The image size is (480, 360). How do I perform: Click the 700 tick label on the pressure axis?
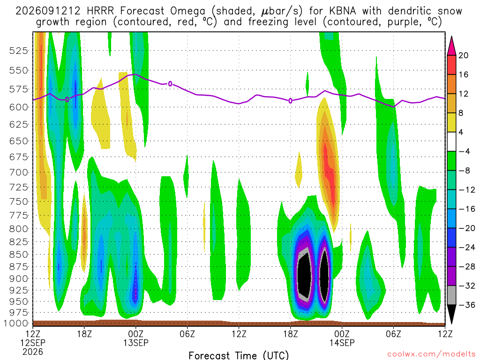click(x=18, y=172)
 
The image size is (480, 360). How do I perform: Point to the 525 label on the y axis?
click(x=18, y=51)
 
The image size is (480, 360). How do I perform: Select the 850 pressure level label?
click(x=18, y=255)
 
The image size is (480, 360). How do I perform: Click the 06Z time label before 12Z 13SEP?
click(x=187, y=334)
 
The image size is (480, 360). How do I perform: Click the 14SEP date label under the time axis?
click(x=342, y=343)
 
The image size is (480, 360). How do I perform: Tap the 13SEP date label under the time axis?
click(x=136, y=343)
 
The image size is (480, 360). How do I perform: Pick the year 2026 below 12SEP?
click(x=33, y=352)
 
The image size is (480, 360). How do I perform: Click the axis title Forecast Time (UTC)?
click(x=239, y=355)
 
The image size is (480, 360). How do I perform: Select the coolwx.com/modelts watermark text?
click(x=431, y=354)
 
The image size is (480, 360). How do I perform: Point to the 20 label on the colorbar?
click(x=464, y=55)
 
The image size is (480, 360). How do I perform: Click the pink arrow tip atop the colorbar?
click(x=451, y=37)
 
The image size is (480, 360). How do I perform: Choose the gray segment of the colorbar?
click(x=451, y=295)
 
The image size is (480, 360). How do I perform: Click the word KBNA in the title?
click(x=343, y=11)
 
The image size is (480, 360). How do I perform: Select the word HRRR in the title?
click(x=100, y=11)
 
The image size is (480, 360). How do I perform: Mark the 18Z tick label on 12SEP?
click(x=84, y=334)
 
